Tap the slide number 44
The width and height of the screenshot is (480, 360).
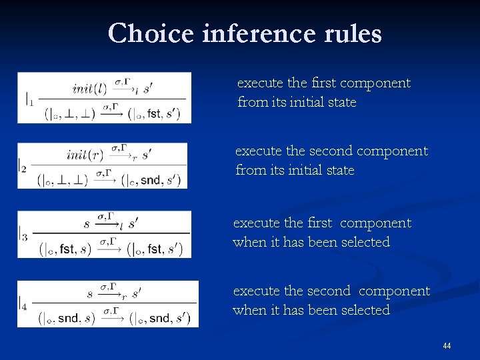point(447,346)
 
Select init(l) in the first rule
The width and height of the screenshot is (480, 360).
point(90,89)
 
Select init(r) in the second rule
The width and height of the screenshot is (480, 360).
point(85,155)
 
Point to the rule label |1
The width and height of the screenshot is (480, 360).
point(29,100)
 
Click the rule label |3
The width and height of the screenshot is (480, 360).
point(23,235)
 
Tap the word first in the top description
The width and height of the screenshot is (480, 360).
point(323,83)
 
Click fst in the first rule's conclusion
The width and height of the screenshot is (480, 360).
point(155,114)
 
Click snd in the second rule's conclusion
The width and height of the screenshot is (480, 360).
point(151,180)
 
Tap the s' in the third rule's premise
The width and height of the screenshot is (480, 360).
point(133,223)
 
